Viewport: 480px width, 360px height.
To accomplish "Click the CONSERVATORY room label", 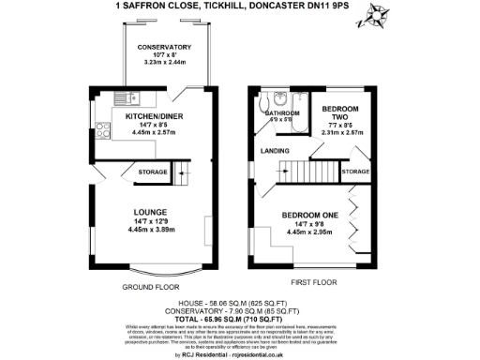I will pyautogui.click(x=164, y=47).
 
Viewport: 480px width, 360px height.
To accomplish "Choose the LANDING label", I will pyautogui.click(x=275, y=150).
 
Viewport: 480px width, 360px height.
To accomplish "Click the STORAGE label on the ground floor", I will pyautogui.click(x=153, y=172).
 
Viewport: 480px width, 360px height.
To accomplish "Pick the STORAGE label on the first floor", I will pyautogui.click(x=354, y=172).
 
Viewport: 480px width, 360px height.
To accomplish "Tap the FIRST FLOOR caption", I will pyautogui.click(x=313, y=281).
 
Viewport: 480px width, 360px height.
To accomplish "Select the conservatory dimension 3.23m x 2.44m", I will pyautogui.click(x=164, y=63).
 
